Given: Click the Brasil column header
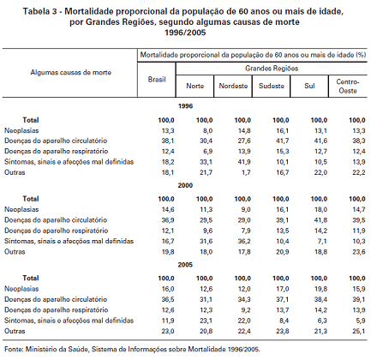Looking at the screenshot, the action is click(157, 80).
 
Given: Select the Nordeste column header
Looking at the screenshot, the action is click(233, 86).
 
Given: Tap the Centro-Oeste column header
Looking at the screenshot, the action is click(348, 87).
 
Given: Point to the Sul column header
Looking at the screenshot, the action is click(309, 86).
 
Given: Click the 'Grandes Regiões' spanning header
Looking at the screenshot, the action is click(272, 69).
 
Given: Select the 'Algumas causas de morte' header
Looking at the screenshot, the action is click(70, 72).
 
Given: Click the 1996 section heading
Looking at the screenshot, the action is click(185, 106).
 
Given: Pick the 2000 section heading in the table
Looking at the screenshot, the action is click(185, 185).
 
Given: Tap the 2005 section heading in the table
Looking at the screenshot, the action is click(185, 265).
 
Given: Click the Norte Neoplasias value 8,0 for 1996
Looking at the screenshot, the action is click(207, 131).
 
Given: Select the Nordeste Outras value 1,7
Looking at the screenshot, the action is click(246, 172).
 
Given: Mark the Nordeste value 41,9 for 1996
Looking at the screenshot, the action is click(244, 162).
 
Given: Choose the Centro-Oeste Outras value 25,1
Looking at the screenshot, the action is click(359, 331).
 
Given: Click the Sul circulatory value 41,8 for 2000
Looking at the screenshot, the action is click(320, 220).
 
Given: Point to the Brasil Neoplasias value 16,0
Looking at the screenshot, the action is click(168, 289).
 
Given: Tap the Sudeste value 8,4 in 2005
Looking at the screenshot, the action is click(284, 321).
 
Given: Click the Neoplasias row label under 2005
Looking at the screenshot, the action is click(21, 289).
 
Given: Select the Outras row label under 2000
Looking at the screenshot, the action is click(15, 252).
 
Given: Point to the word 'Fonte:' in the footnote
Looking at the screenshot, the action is click(14, 349).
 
